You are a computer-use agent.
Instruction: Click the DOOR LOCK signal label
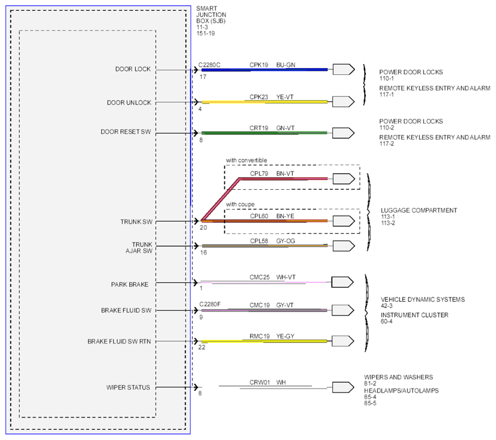[x=133, y=69]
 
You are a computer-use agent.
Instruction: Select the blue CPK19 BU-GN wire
[x=264, y=70]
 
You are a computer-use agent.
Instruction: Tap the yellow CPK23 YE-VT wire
[x=264, y=102]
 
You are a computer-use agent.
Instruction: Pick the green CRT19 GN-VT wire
[x=264, y=133]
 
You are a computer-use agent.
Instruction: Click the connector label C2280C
[x=209, y=65]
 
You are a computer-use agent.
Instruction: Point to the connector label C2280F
[x=209, y=305]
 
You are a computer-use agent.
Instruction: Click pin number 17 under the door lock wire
[x=203, y=77]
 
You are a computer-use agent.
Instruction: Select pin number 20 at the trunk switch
[x=203, y=227]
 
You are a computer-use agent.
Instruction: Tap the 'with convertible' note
[x=247, y=161]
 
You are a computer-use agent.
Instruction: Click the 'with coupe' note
[x=240, y=205]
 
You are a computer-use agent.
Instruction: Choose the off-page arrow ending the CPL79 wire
[x=344, y=179]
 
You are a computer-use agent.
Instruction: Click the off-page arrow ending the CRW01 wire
[x=343, y=387]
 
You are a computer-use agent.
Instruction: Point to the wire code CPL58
[x=259, y=241]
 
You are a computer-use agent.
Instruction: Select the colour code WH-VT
[x=286, y=277]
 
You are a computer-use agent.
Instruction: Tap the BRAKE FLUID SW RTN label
[x=119, y=342]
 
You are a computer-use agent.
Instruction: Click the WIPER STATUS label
[x=128, y=387]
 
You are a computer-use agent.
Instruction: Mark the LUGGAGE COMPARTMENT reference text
[x=419, y=210]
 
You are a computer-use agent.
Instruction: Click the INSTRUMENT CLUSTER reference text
[x=414, y=315]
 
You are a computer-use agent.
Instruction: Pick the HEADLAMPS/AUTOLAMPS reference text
[x=401, y=391]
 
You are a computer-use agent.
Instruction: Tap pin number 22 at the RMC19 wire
[x=202, y=347]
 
